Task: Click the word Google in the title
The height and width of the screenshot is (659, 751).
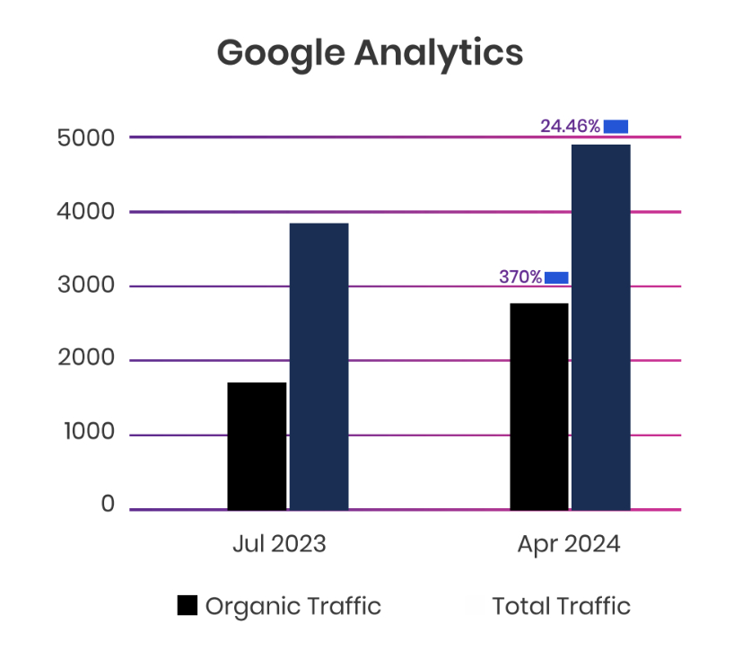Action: pyautogui.click(x=281, y=53)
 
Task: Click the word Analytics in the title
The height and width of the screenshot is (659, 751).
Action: pyautogui.click(x=438, y=53)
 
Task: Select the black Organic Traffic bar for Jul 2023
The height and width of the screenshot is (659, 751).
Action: pyautogui.click(x=257, y=446)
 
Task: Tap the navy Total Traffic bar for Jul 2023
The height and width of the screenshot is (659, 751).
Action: pyautogui.click(x=319, y=366)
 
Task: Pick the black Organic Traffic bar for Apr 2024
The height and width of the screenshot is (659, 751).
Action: pyautogui.click(x=539, y=406)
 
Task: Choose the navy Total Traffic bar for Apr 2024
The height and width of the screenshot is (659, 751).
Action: pyautogui.click(x=601, y=327)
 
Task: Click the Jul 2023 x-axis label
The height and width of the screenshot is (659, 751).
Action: pyautogui.click(x=279, y=545)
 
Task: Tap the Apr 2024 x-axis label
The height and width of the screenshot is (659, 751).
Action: pyautogui.click(x=569, y=545)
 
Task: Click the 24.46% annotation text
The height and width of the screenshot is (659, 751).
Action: pyautogui.click(x=570, y=127)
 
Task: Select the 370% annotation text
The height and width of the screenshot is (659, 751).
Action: pyautogui.click(x=520, y=277)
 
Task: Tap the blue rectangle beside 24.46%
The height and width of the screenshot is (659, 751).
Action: pyautogui.click(x=616, y=127)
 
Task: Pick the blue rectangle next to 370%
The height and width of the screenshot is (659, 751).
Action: pyautogui.click(x=556, y=277)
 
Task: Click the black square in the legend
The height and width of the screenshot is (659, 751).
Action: pyautogui.click(x=187, y=606)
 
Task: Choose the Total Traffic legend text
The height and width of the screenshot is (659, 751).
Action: pyautogui.click(x=561, y=606)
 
